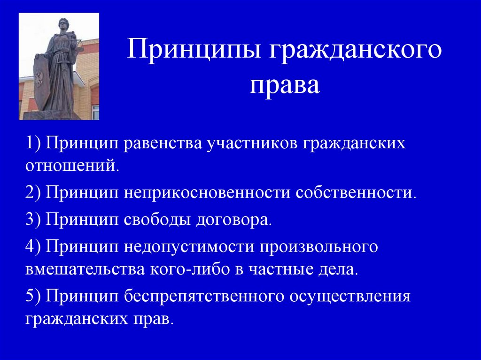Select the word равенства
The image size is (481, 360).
pos(163,144)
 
